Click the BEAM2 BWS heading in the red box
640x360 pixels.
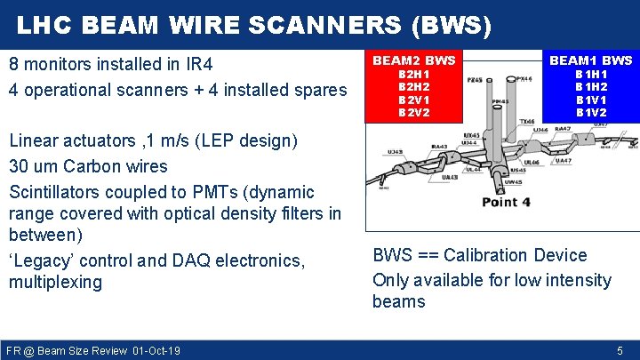(x=413, y=60)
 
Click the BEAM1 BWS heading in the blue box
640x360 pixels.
(x=591, y=60)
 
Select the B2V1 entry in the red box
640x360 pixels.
(x=413, y=100)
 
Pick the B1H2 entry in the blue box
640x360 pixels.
(x=591, y=87)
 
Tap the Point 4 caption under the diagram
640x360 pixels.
(x=506, y=202)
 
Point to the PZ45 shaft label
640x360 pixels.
(x=476, y=80)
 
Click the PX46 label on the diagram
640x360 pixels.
(x=524, y=78)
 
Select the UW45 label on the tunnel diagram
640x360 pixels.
(x=512, y=182)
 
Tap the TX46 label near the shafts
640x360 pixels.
(x=527, y=121)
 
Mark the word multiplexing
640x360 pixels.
(x=55, y=283)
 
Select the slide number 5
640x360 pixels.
(x=620, y=350)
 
